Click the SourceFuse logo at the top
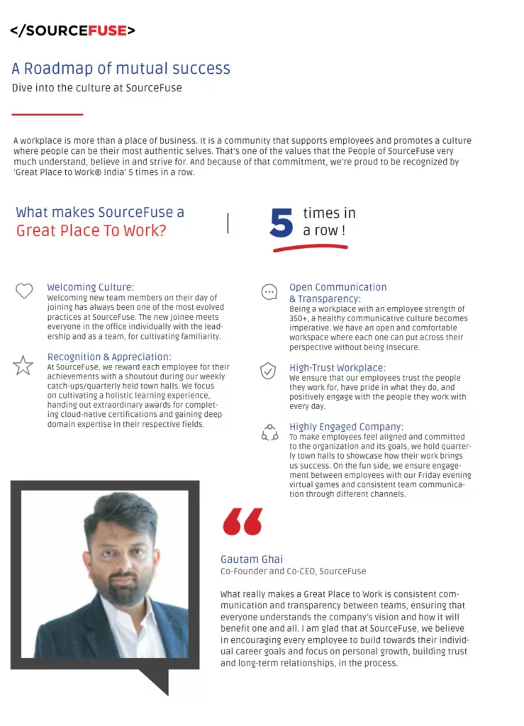pyautogui.click(x=72, y=30)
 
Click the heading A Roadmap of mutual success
pyautogui.click(x=121, y=69)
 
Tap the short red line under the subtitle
pyautogui.click(x=48, y=114)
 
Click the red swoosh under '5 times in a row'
pyautogui.click(x=310, y=248)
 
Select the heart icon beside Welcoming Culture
pyautogui.click(x=24, y=291)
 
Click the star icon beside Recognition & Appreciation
pyautogui.click(x=23, y=366)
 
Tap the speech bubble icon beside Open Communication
pyautogui.click(x=269, y=292)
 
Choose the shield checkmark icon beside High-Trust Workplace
pyautogui.click(x=268, y=371)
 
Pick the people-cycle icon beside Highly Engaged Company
pyautogui.click(x=269, y=432)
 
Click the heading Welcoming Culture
pyautogui.click(x=90, y=287)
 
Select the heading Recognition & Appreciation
pyautogui.click(x=109, y=357)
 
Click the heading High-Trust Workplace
pyautogui.click(x=337, y=368)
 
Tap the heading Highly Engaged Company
pyautogui.click(x=346, y=427)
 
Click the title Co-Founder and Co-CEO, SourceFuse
pyautogui.click(x=293, y=571)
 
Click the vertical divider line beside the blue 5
pyautogui.click(x=228, y=223)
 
